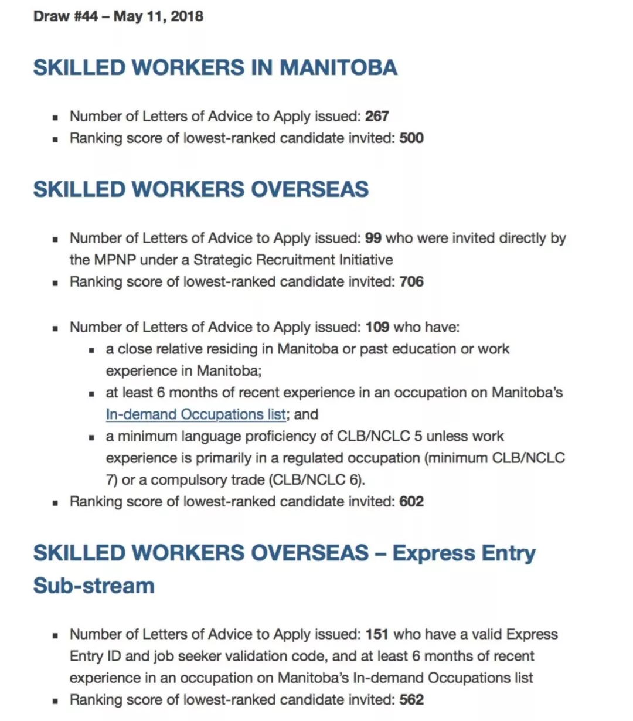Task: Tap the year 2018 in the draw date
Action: click(x=187, y=16)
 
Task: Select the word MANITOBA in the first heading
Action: click(x=338, y=67)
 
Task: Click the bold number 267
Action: click(x=377, y=116)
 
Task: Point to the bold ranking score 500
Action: click(x=411, y=138)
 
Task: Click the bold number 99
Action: click(x=373, y=238)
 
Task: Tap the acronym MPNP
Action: click(x=115, y=260)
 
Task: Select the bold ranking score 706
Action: click(x=411, y=282)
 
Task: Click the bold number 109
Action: click(x=377, y=327)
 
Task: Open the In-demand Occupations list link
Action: click(x=196, y=414)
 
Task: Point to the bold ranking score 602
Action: click(x=411, y=502)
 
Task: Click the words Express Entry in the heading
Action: click(x=464, y=553)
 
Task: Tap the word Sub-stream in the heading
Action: click(x=94, y=586)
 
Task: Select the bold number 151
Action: click(x=377, y=634)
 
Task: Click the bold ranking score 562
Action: click(x=411, y=700)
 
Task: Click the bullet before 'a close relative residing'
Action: click(x=91, y=351)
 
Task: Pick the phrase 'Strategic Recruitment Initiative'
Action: click(x=293, y=260)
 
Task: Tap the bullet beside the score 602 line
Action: click(x=55, y=503)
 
